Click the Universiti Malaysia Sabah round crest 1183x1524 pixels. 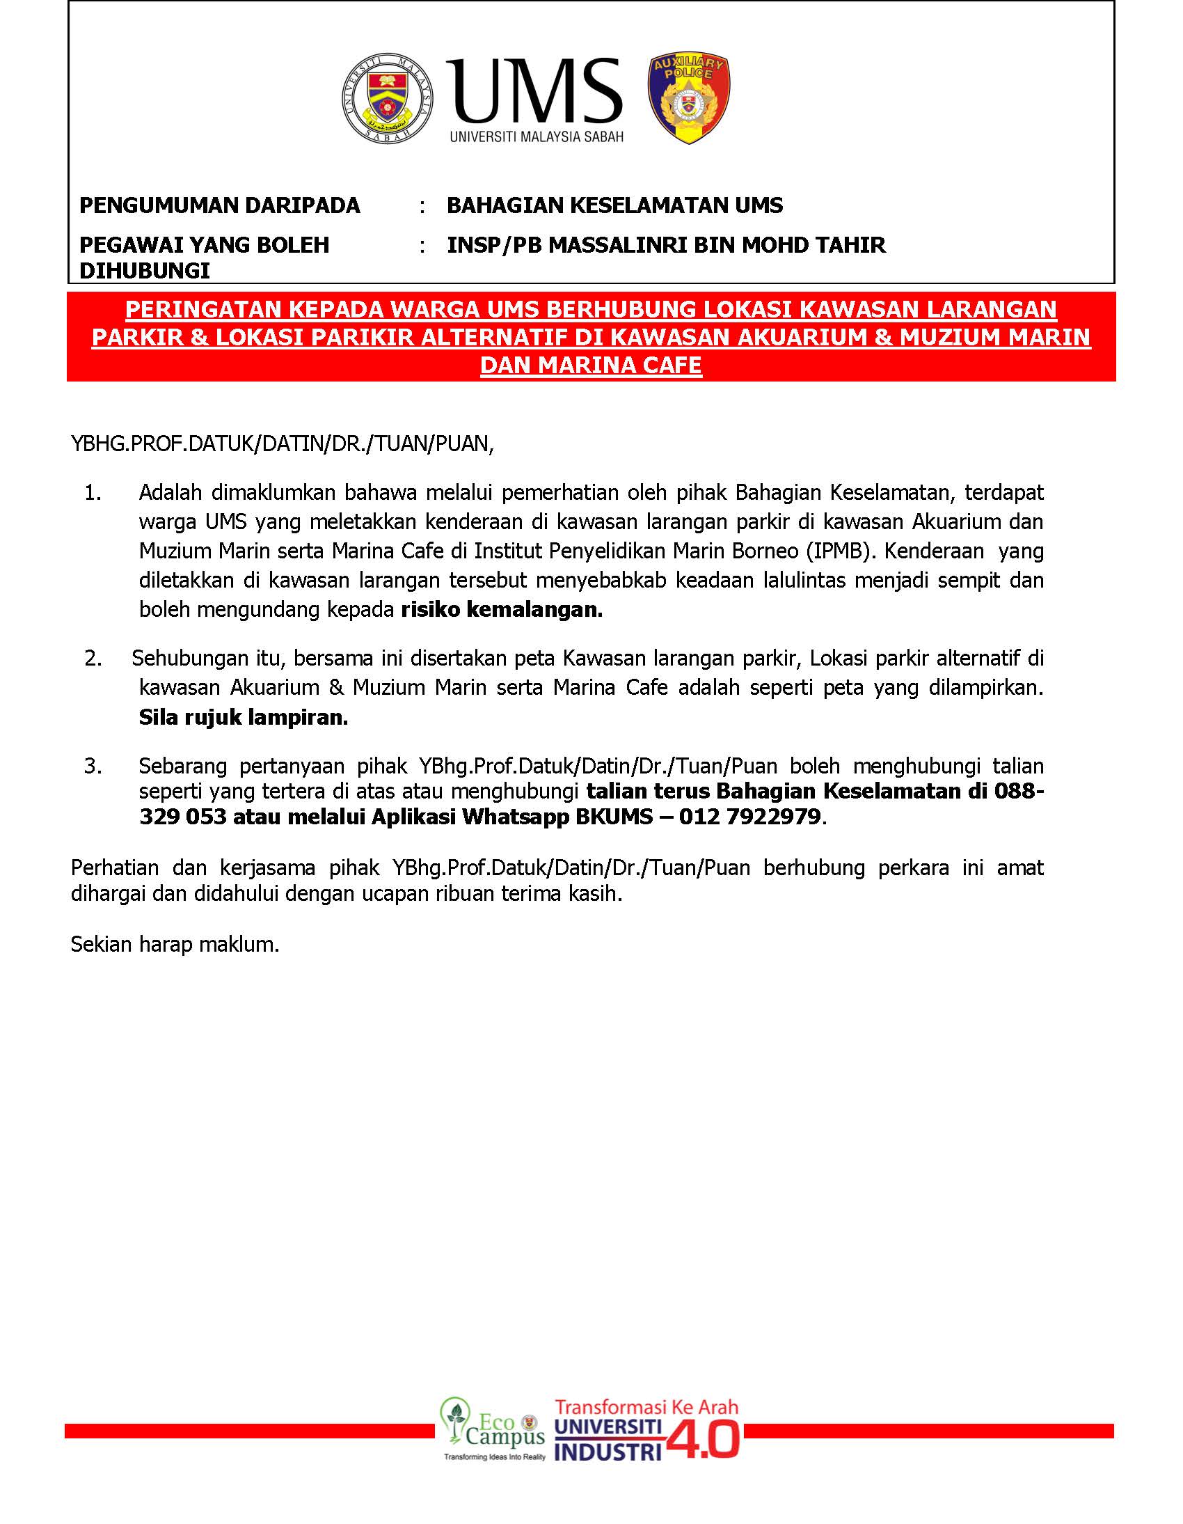[387, 98]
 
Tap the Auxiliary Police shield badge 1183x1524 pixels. [688, 98]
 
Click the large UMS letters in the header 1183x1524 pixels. [534, 91]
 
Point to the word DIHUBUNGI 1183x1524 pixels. [144, 271]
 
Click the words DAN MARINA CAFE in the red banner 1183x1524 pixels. [591, 365]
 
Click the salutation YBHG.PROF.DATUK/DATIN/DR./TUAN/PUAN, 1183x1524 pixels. [283, 443]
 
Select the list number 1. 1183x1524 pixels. [93, 493]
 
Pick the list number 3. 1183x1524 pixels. [93, 767]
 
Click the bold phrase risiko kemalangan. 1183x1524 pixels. [502, 610]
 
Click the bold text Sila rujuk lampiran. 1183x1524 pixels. [244, 717]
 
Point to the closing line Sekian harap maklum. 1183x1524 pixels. [175, 945]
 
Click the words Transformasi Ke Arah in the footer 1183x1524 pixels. [646, 1406]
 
